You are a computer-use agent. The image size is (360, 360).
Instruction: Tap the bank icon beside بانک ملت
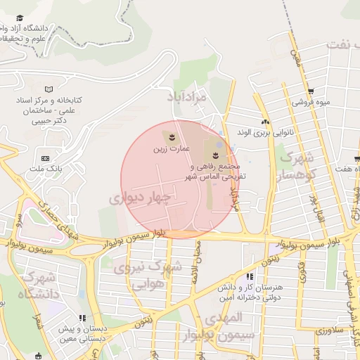point(46,158)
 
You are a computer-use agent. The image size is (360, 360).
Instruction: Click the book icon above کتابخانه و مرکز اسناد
point(48,89)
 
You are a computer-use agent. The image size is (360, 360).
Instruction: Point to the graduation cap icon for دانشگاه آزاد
point(22,17)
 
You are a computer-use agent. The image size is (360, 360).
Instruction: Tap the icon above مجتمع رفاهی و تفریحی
point(216,154)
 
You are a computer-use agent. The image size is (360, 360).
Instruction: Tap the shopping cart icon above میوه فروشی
point(311,91)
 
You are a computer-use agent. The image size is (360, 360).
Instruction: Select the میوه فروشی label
point(311,101)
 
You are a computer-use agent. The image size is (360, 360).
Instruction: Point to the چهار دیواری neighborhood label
point(141,199)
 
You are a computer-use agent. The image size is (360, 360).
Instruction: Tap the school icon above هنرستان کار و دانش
point(250,276)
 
